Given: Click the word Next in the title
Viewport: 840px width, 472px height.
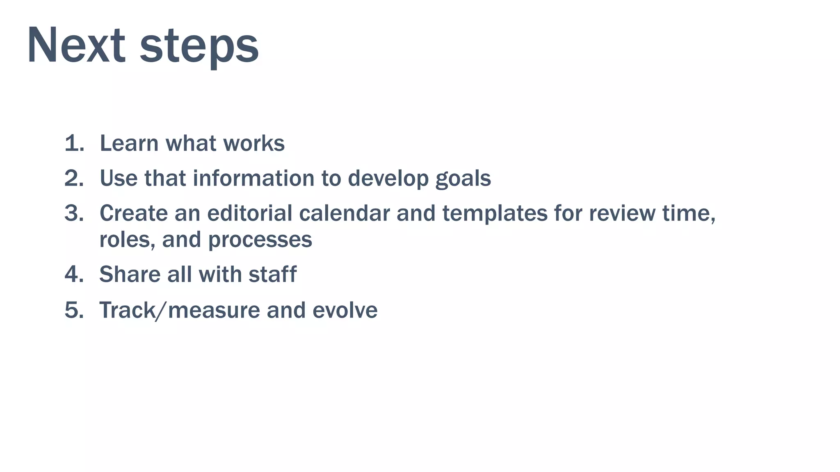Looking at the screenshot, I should pyautogui.click(x=76, y=45).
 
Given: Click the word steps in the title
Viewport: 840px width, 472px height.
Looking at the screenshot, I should pyautogui.click(x=199, y=46).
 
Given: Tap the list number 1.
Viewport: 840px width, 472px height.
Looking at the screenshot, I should pyautogui.click(x=74, y=143).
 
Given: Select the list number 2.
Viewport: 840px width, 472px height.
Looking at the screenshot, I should pyautogui.click(x=74, y=178).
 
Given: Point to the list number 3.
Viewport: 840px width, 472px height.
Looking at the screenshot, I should pyautogui.click(x=74, y=213).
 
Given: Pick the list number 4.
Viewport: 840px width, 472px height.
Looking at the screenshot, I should pyautogui.click(x=74, y=274).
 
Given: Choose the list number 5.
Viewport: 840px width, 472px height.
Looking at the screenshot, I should pyautogui.click(x=74, y=310).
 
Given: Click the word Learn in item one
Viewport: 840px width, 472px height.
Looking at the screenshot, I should pyautogui.click(x=129, y=143).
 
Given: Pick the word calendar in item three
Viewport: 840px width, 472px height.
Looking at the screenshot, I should pyautogui.click(x=344, y=213).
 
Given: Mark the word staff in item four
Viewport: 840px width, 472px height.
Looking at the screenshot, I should pyautogui.click(x=272, y=274).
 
